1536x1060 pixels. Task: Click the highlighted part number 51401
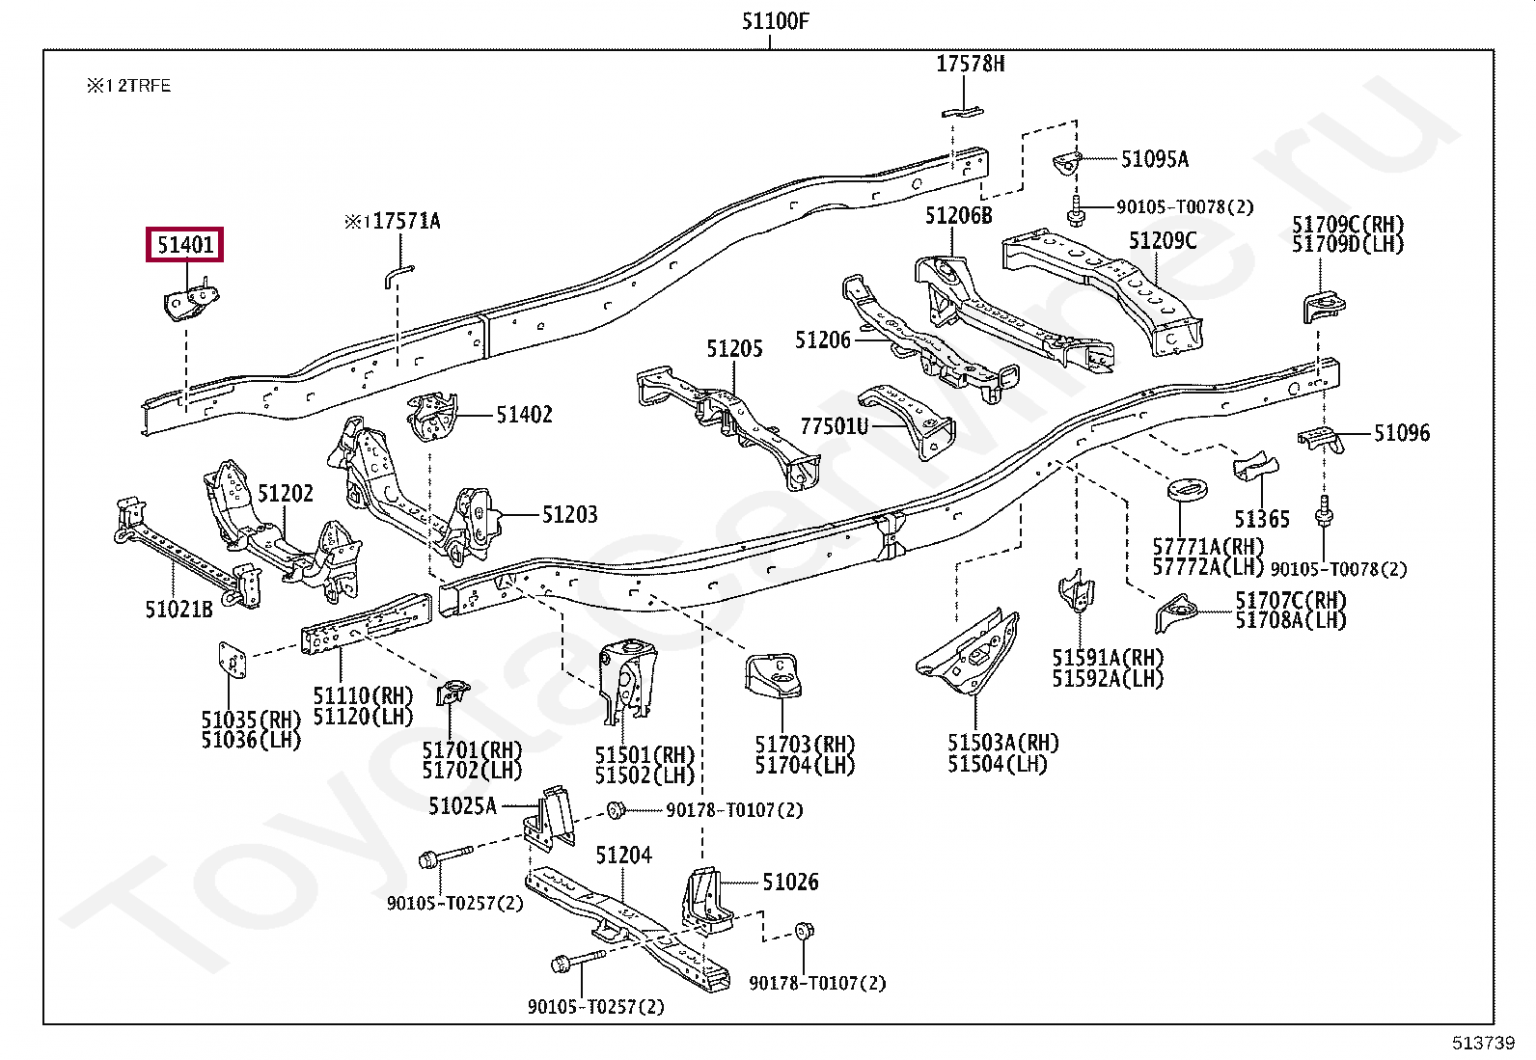184,245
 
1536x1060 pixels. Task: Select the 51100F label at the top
775,21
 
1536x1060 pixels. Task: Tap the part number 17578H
970,64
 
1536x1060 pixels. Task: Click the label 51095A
1154,159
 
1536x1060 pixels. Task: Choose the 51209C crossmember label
1163,240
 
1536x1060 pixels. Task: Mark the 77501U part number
834,425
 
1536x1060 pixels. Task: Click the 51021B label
178,609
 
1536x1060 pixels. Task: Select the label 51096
1401,433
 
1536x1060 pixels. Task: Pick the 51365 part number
1261,519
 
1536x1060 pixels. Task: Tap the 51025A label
462,805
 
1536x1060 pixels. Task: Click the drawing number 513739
1484,1043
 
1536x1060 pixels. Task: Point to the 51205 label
733,348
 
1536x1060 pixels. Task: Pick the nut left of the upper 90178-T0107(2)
615,809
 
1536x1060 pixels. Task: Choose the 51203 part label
569,514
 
